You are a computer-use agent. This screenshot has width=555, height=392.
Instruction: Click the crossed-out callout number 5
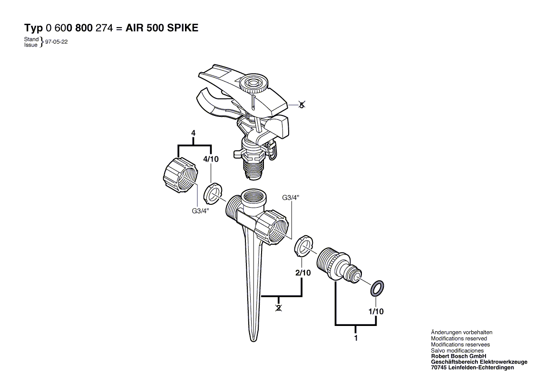tap(301, 105)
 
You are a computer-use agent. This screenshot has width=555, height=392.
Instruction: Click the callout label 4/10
tap(211, 159)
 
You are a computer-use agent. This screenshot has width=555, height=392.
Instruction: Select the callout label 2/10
tap(303, 273)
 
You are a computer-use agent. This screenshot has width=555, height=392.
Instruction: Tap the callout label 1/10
tap(376, 312)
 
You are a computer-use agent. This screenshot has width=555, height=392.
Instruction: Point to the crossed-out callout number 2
tap(279, 308)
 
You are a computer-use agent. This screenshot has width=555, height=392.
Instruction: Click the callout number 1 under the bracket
tap(356, 339)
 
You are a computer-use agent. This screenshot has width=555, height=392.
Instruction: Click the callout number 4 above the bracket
tap(194, 133)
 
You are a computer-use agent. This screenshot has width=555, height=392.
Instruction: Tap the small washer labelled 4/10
tap(214, 192)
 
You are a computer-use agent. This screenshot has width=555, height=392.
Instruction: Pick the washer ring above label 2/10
tap(303, 245)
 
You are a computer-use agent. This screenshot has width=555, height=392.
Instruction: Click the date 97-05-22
tap(57, 41)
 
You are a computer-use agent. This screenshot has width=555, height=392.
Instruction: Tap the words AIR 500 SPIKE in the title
tap(162, 28)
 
